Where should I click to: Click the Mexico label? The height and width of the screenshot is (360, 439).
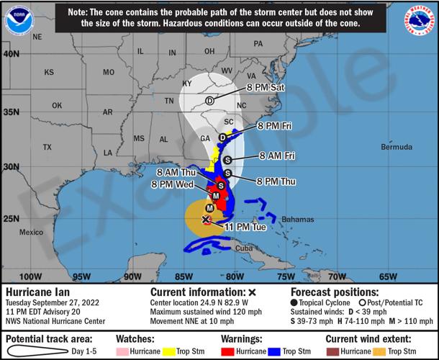click(x=32, y=233)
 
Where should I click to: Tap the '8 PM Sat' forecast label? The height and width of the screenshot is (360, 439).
click(x=267, y=88)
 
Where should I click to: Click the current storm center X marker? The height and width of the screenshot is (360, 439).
click(x=206, y=219)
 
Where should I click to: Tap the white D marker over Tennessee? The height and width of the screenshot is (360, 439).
click(x=209, y=102)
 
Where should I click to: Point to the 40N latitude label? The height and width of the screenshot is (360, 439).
click(x=11, y=54)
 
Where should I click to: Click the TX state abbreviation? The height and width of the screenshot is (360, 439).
click(x=47, y=147)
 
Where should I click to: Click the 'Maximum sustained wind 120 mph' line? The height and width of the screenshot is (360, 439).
click(x=203, y=312)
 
